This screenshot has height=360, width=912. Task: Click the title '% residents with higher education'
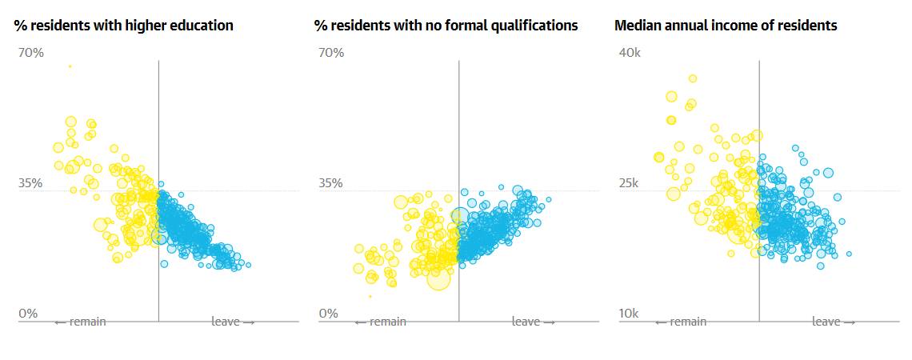tap(124, 26)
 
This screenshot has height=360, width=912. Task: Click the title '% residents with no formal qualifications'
tap(446, 26)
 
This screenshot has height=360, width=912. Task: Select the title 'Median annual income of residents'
tap(726, 26)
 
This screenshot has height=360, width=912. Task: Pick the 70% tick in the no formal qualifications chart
tap(330, 53)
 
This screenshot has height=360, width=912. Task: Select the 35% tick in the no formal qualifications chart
tap(330, 183)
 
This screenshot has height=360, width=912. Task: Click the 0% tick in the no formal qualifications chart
tap(327, 314)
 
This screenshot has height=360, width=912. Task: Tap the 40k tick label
tap(630, 53)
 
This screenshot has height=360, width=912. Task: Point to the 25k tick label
tap(630, 183)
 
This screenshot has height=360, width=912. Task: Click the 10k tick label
tap(630, 314)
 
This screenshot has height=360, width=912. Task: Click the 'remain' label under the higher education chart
tap(80, 322)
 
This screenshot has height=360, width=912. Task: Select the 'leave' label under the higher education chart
tap(233, 322)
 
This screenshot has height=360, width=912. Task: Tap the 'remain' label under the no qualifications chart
tap(380, 322)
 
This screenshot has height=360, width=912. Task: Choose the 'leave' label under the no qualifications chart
tap(533, 322)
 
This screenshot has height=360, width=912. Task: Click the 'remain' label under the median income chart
tap(681, 322)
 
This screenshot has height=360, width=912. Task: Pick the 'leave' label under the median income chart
tap(834, 322)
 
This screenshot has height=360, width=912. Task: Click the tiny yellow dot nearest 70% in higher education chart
tap(70, 66)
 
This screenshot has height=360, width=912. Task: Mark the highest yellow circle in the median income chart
tap(693, 78)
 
